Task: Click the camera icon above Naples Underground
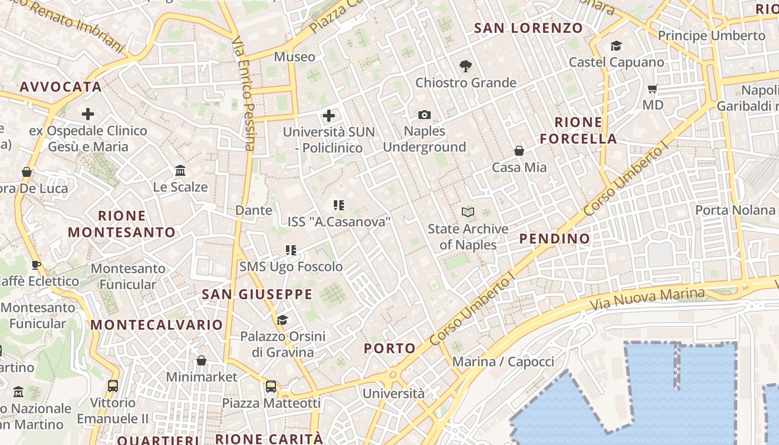tap(425, 115)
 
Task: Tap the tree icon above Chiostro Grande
tap(466, 66)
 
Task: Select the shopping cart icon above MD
tap(653, 89)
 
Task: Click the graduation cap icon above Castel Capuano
tap(616, 46)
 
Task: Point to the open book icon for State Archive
tap(468, 212)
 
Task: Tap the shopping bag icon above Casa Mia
tap(519, 151)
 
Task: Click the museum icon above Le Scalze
tap(180, 170)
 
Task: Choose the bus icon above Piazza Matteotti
tap(271, 386)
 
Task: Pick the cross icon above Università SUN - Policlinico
tap(329, 116)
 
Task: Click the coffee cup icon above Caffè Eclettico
tap(36, 265)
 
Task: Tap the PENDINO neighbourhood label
tap(554, 239)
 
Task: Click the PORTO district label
tap(389, 348)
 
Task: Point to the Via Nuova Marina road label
tap(647, 299)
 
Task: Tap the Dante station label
tap(254, 210)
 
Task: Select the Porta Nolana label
tap(735, 210)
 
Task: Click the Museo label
tap(294, 57)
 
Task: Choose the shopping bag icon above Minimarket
tap(201, 361)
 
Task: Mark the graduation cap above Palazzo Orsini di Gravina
tap(283, 320)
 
